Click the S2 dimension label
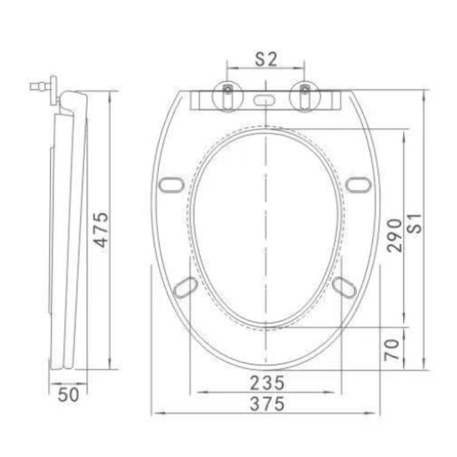click(266, 59)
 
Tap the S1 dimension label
click(415, 227)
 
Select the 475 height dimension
click(101, 229)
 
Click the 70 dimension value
click(393, 348)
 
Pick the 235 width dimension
click(267, 383)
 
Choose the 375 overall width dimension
click(267, 403)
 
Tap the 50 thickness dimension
click(68, 395)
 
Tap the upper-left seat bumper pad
click(170, 184)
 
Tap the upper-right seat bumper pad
click(358, 184)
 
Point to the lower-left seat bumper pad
click(185, 287)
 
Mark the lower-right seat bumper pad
click(344, 287)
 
